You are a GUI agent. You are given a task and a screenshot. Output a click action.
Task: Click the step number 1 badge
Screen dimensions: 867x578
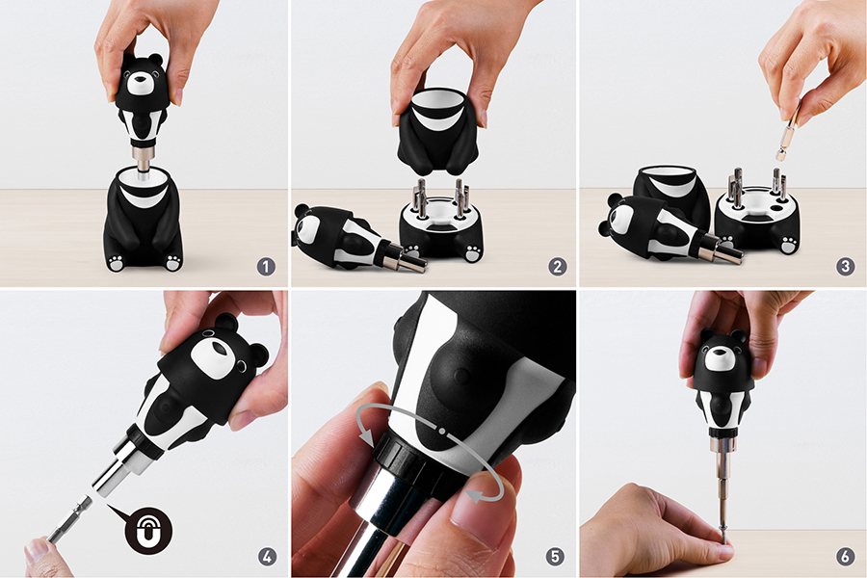click(x=266, y=267)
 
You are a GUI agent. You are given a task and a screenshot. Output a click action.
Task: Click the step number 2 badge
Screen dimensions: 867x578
click(x=558, y=267)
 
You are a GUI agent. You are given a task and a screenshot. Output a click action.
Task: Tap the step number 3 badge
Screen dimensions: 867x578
click(x=845, y=267)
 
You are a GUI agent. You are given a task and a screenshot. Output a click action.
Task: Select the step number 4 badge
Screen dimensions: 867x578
click(x=267, y=556)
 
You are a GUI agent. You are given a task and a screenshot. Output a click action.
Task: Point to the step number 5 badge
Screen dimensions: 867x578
click(x=555, y=556)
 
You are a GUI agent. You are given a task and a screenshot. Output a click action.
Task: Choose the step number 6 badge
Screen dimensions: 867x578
click(x=845, y=556)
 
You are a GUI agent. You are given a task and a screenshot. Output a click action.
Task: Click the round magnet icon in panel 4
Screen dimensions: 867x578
click(x=148, y=531)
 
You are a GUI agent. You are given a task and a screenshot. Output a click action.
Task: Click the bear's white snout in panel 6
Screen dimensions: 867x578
click(x=719, y=357)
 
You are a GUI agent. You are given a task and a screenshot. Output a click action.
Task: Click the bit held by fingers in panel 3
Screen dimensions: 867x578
click(x=787, y=132)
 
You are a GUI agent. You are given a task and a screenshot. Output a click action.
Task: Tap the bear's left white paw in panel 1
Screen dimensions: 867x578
click(x=116, y=263)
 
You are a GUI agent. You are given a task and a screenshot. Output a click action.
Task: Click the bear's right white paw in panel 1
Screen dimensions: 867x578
click(x=173, y=262)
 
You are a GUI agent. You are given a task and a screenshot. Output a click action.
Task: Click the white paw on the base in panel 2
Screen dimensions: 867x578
click(x=473, y=252)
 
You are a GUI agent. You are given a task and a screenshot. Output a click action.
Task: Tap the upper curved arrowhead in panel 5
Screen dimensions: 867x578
click(x=367, y=436)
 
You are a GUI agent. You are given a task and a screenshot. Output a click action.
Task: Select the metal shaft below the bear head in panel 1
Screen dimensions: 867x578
click(x=144, y=160)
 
